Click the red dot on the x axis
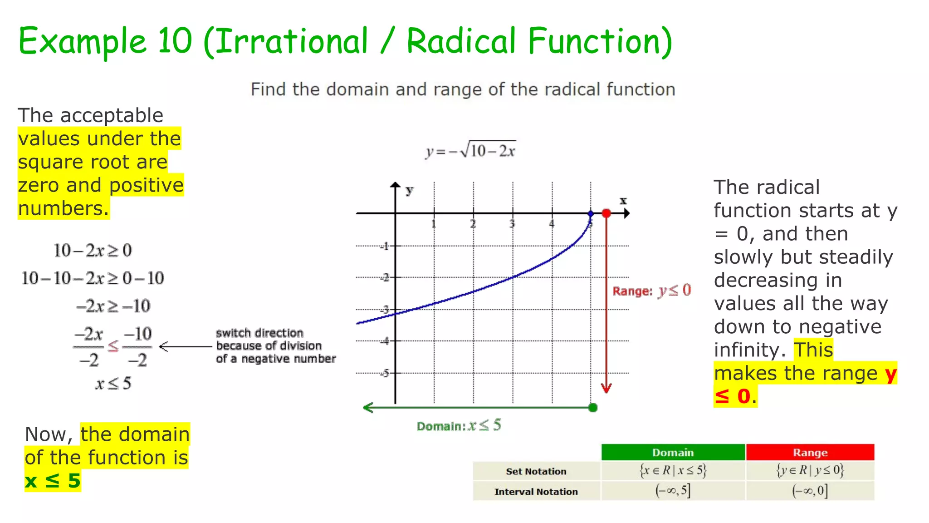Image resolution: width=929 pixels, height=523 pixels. (x=606, y=213)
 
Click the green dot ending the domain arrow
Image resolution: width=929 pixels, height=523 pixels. (x=592, y=408)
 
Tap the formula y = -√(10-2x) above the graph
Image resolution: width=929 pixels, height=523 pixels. (x=471, y=150)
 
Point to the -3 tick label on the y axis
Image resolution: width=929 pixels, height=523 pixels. (x=385, y=310)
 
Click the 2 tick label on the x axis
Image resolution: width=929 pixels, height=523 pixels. (x=473, y=224)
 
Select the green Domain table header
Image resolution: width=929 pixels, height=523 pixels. (x=673, y=453)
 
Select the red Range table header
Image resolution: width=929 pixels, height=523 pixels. (x=810, y=453)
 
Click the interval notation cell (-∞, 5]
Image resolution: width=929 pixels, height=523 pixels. (x=673, y=491)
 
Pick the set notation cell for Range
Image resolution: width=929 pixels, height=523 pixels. (x=810, y=470)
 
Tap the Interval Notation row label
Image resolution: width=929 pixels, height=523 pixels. (x=536, y=492)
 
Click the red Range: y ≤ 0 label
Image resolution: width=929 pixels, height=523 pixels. (x=651, y=291)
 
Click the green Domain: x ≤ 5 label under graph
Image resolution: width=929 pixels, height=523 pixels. (x=459, y=426)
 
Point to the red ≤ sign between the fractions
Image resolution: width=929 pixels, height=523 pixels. (x=113, y=346)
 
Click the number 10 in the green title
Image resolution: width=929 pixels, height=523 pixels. (x=175, y=41)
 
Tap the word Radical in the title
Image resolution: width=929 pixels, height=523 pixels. (x=461, y=41)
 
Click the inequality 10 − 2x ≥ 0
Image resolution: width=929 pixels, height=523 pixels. (x=93, y=251)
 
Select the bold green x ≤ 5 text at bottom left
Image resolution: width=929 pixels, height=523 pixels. (x=53, y=481)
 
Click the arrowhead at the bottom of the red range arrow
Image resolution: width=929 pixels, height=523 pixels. (x=606, y=388)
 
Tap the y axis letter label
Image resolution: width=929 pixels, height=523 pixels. (x=410, y=190)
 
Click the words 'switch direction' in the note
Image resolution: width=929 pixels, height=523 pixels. (x=259, y=333)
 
